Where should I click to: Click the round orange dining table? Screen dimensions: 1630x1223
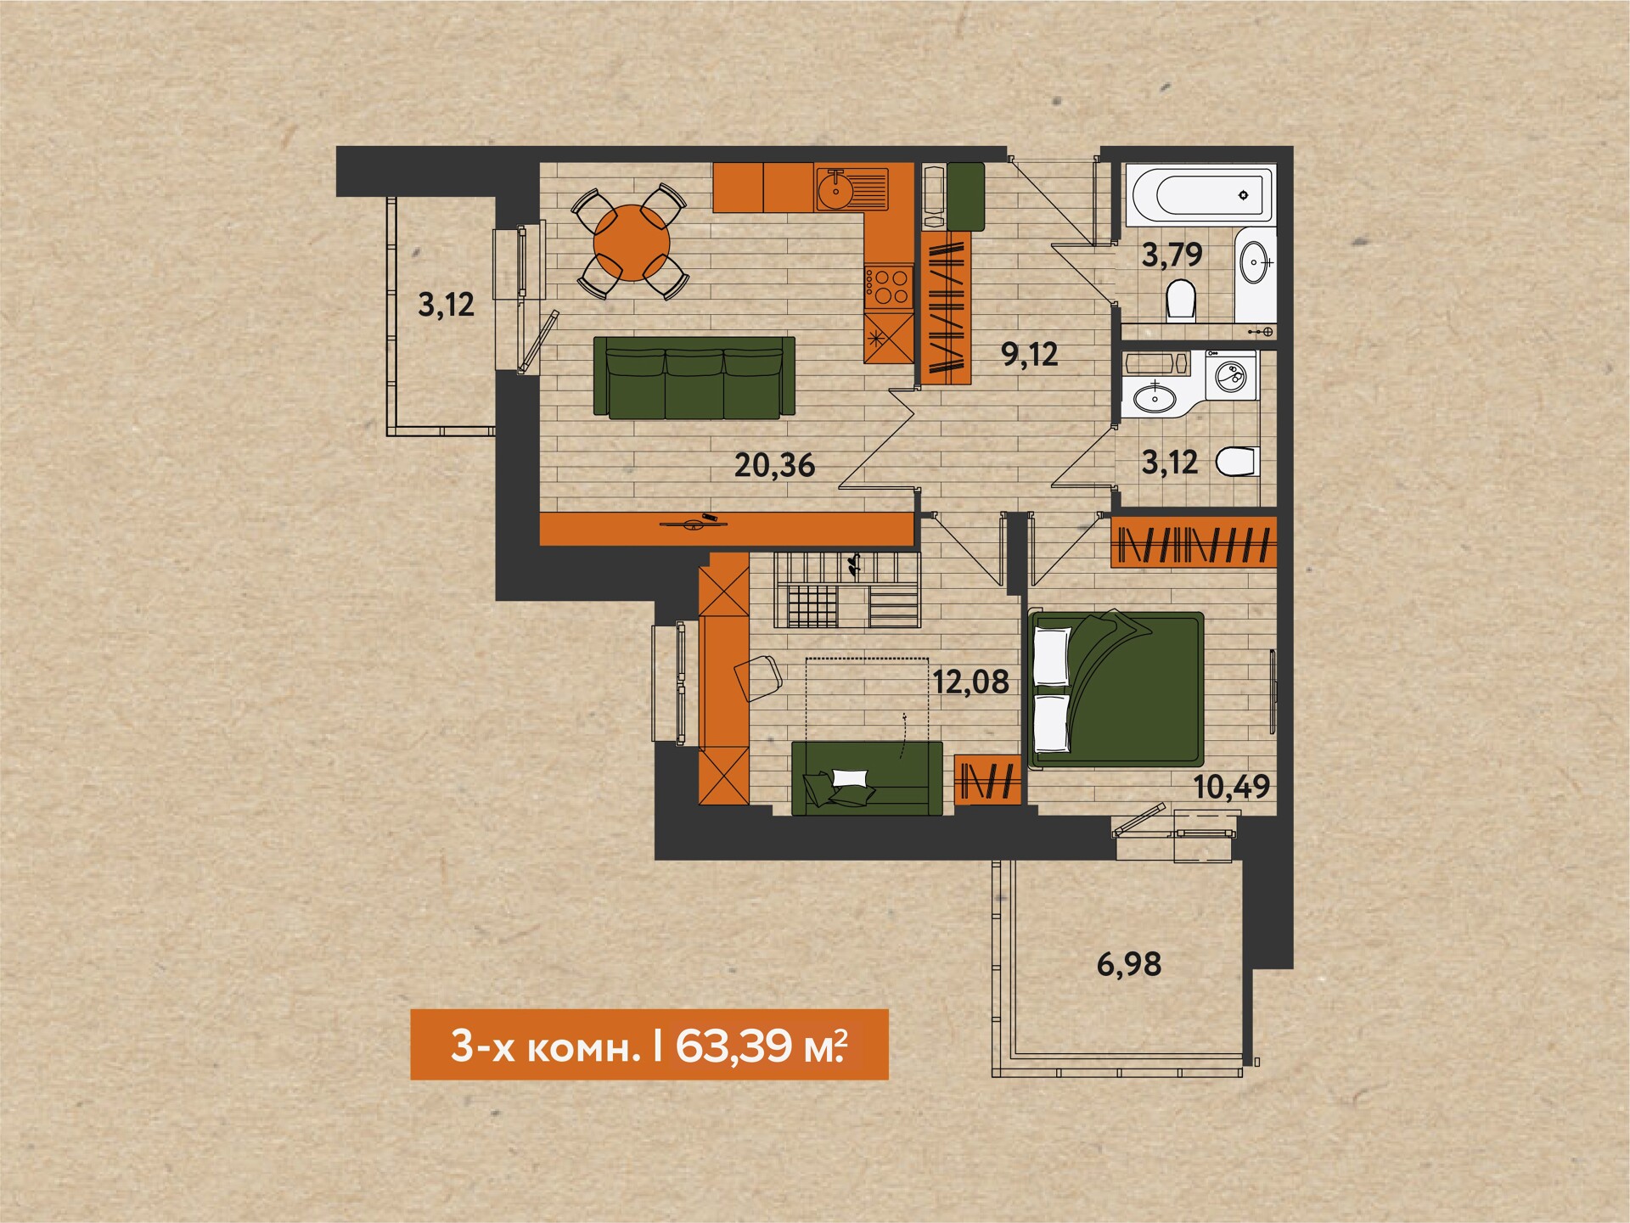click(632, 243)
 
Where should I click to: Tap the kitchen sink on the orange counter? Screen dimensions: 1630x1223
click(852, 188)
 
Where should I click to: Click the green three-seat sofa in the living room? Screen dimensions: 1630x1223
click(694, 377)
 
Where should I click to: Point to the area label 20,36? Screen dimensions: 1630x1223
click(774, 465)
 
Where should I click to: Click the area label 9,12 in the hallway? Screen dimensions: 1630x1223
click(1030, 354)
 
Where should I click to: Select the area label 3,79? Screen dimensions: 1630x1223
click(1172, 255)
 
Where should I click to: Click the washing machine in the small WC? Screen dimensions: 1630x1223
click(1231, 374)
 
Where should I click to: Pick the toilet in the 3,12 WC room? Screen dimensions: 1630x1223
click(1237, 463)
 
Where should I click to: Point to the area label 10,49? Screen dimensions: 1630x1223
click(1232, 787)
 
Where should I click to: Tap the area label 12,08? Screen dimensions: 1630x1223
click(971, 682)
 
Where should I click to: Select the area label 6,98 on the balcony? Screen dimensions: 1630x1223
click(1129, 964)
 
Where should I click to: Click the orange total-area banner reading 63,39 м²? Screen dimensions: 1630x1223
click(649, 1045)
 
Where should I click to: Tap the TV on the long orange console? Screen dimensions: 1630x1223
click(693, 522)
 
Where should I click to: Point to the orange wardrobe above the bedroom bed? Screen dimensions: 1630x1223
click(1194, 541)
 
